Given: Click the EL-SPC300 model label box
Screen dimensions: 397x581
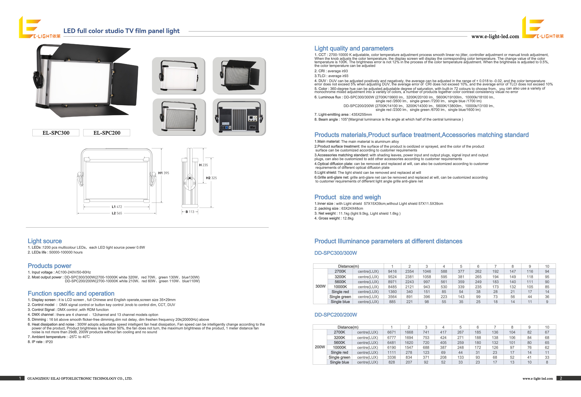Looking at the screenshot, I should point(56,133).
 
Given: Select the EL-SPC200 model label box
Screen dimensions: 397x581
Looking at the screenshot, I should point(107,133).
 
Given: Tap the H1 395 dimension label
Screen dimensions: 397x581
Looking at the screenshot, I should point(164,173).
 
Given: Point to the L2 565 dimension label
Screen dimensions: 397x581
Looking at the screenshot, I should point(117,213).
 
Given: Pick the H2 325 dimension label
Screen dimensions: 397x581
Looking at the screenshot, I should point(211,178).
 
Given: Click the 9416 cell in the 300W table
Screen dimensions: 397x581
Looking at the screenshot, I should point(392,271).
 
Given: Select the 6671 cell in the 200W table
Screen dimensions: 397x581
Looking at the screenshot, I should point(391,332).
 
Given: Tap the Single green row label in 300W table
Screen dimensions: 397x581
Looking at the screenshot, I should point(340,297).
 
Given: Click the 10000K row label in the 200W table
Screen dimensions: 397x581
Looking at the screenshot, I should point(340,347).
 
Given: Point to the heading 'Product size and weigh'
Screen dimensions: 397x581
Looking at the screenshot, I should point(347,197).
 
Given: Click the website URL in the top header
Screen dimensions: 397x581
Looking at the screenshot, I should point(495,37).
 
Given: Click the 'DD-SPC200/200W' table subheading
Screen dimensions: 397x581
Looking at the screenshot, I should point(336,315).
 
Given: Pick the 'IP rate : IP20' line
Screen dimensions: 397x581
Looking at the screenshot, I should point(40,342).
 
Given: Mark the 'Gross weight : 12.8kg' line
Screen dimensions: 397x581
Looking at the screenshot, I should point(334,218).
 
